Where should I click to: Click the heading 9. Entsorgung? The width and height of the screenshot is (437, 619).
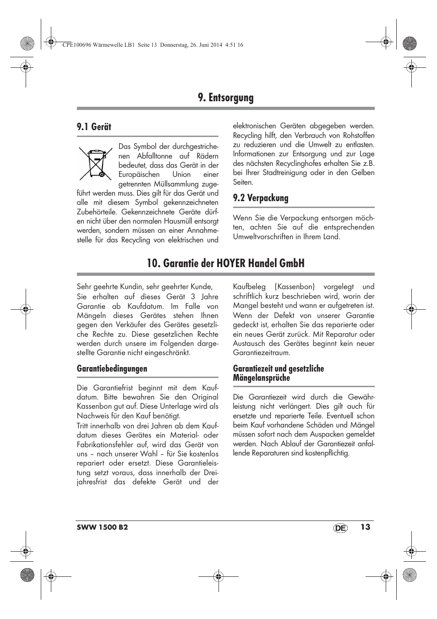pyautogui.click(x=225, y=98)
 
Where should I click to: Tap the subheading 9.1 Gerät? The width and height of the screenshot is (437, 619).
pyautogui.click(x=94, y=127)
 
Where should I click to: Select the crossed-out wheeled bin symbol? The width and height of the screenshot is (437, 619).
pyautogui.click(x=95, y=163)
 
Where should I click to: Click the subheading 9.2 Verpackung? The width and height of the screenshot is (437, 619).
pyautogui.click(x=260, y=198)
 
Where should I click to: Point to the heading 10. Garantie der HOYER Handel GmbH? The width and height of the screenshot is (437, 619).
pyautogui.click(x=225, y=263)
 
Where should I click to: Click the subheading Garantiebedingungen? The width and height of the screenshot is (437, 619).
pyautogui.click(x=112, y=369)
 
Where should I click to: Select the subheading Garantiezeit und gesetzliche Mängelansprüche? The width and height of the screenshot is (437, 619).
pyautogui.click(x=278, y=373)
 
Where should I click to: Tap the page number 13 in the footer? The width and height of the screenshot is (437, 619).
pyautogui.click(x=365, y=527)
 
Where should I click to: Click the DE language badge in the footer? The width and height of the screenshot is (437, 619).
pyautogui.click(x=340, y=528)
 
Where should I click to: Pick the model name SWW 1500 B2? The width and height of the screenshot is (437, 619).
pyautogui.click(x=102, y=527)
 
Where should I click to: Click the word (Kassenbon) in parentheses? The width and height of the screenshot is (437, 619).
pyautogui.click(x=295, y=287)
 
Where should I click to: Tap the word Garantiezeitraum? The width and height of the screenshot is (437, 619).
pyautogui.click(x=261, y=353)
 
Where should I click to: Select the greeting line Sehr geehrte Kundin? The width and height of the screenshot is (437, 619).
pyautogui.click(x=144, y=287)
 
